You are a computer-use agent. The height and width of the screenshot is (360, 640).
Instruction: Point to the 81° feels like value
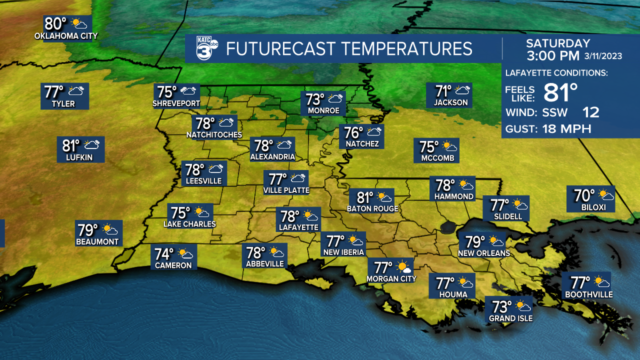coord(560,92)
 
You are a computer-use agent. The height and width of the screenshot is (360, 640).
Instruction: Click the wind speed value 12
coord(590,112)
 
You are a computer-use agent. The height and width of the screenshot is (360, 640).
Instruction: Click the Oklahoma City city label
coord(66,36)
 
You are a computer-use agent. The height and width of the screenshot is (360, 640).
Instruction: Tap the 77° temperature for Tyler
coord(54,92)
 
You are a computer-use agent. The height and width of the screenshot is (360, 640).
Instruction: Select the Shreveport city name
coord(176,103)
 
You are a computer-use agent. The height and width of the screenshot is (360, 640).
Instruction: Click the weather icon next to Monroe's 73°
coord(335,98)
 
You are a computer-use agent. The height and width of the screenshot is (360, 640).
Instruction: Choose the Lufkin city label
coord(80,157)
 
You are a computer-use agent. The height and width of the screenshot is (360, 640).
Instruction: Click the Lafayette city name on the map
coord(299,227)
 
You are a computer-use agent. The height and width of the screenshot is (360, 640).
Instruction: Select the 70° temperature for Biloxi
coord(584,195)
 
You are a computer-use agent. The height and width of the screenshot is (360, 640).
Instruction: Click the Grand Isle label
coord(510,318)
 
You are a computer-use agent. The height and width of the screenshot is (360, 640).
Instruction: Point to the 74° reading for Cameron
coord(164,254)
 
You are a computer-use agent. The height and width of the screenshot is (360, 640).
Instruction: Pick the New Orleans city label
coord(484,253)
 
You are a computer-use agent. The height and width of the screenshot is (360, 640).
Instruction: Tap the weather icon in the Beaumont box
coord(109,230)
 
